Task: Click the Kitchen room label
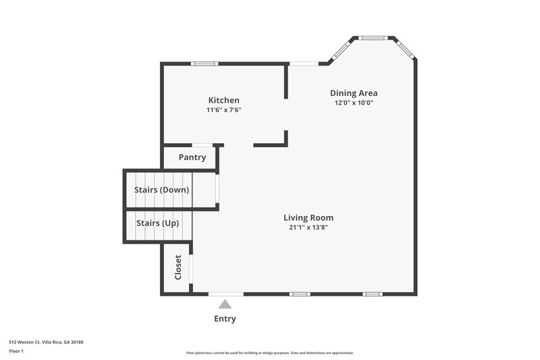[223, 100]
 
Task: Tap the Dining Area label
[353, 93]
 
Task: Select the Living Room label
[308, 217]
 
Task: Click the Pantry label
[192, 157]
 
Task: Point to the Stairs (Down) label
[161, 190]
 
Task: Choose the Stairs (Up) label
[157, 223]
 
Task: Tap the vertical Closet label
[178, 267]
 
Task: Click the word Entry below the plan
[225, 319]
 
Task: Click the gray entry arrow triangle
[225, 305]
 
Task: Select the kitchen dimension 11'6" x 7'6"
[223, 110]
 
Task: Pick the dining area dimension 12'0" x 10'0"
[353, 103]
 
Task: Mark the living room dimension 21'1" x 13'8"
[308, 228]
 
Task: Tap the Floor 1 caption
[16, 351]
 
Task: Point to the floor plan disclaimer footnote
[270, 353]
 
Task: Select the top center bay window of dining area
[372, 38]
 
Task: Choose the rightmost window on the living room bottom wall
[373, 294]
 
